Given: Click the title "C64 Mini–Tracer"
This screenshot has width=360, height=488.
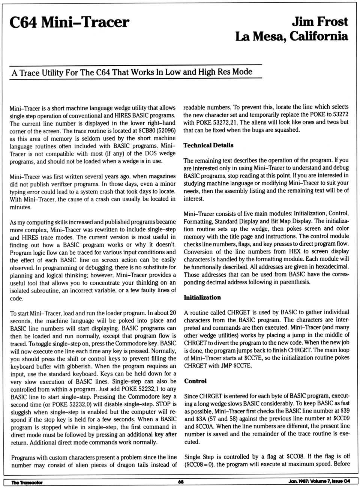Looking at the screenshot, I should (69, 23).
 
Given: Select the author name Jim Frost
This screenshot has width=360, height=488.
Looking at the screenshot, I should (320, 21).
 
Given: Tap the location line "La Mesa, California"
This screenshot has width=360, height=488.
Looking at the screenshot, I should (292, 36).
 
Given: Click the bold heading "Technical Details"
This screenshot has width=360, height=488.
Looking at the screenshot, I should (208, 145).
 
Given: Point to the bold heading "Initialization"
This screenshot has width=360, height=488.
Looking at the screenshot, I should (202, 297).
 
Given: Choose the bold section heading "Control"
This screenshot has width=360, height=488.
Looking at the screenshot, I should (195, 381).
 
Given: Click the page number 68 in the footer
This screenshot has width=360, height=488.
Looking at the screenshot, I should (181, 482).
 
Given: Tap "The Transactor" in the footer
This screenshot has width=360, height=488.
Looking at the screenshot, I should (27, 482).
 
